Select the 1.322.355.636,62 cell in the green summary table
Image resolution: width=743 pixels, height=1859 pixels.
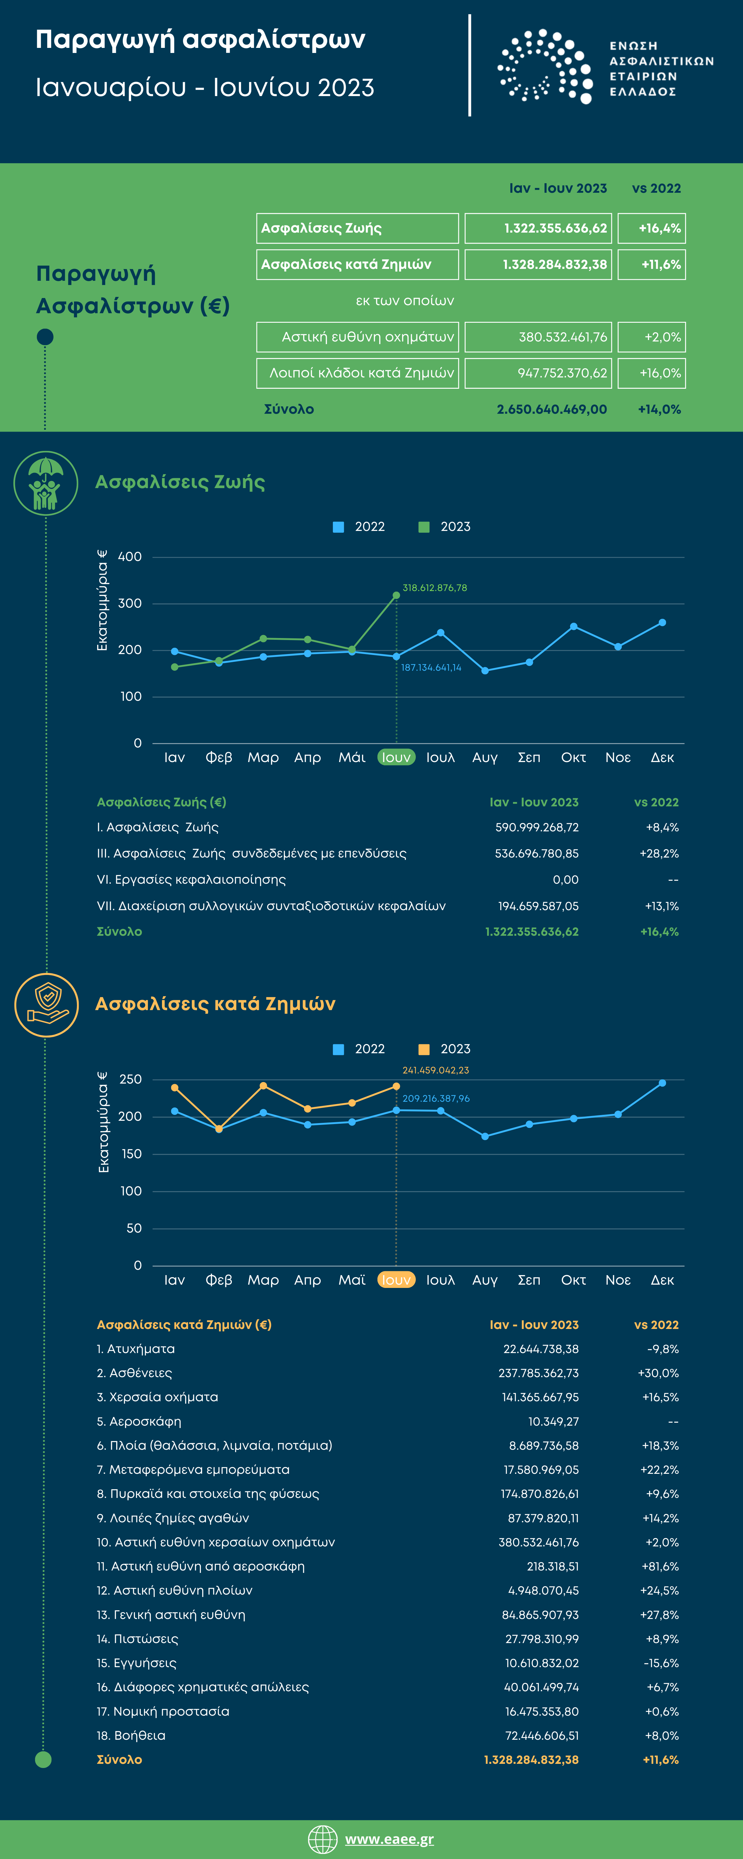(x=538, y=228)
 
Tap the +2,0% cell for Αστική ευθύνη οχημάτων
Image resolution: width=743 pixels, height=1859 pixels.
(x=651, y=337)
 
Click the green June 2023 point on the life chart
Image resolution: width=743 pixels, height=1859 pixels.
(x=396, y=595)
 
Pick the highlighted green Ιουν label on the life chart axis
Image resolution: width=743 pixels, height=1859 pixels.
(x=396, y=757)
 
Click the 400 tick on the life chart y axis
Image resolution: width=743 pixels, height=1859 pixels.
(x=130, y=557)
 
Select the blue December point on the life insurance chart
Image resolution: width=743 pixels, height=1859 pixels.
(x=662, y=622)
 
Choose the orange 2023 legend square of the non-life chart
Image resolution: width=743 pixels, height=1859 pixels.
(x=424, y=1049)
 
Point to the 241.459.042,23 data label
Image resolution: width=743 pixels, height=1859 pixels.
(x=435, y=1070)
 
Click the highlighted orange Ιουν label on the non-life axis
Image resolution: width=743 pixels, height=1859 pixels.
(x=396, y=1280)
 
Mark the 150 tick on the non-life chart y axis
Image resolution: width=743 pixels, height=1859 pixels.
(x=131, y=1154)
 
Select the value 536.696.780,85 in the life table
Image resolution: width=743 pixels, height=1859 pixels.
(x=537, y=854)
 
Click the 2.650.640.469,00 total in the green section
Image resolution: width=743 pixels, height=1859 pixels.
(x=551, y=409)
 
